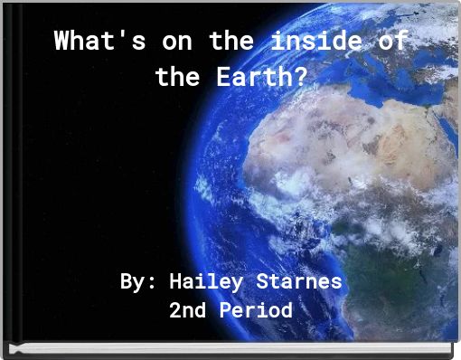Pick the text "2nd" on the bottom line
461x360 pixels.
[187, 311]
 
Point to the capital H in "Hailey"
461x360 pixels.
[175, 281]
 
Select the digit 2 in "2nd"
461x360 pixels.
[175, 311]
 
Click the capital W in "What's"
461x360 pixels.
[61, 42]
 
